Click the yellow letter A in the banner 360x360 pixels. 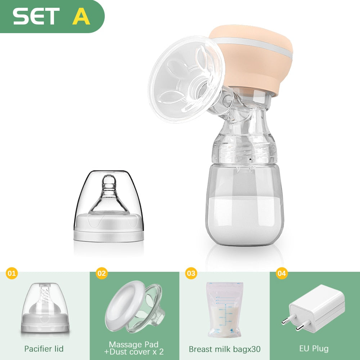tap(81, 16)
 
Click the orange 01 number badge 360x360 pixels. tap(12, 273)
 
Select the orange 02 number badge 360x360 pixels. tap(102, 273)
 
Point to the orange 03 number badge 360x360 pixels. tap(191, 273)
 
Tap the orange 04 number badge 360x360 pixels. tap(282, 273)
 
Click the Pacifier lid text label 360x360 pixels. tap(44, 349)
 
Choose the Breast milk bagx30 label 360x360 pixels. tap(225, 349)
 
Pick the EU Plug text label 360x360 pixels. tap(314, 348)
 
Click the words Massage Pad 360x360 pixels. tap(134, 345)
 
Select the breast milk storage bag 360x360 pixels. tap(224, 310)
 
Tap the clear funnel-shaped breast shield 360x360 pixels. tap(186, 79)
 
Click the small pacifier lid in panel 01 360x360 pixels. tap(45, 308)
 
